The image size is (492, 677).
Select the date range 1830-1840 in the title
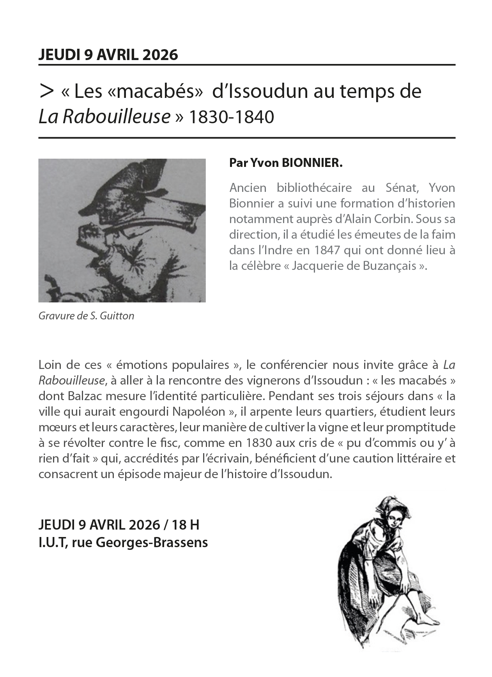(x=231, y=117)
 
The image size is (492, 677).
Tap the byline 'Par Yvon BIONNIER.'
(x=286, y=163)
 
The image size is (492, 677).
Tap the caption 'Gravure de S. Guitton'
(x=86, y=315)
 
